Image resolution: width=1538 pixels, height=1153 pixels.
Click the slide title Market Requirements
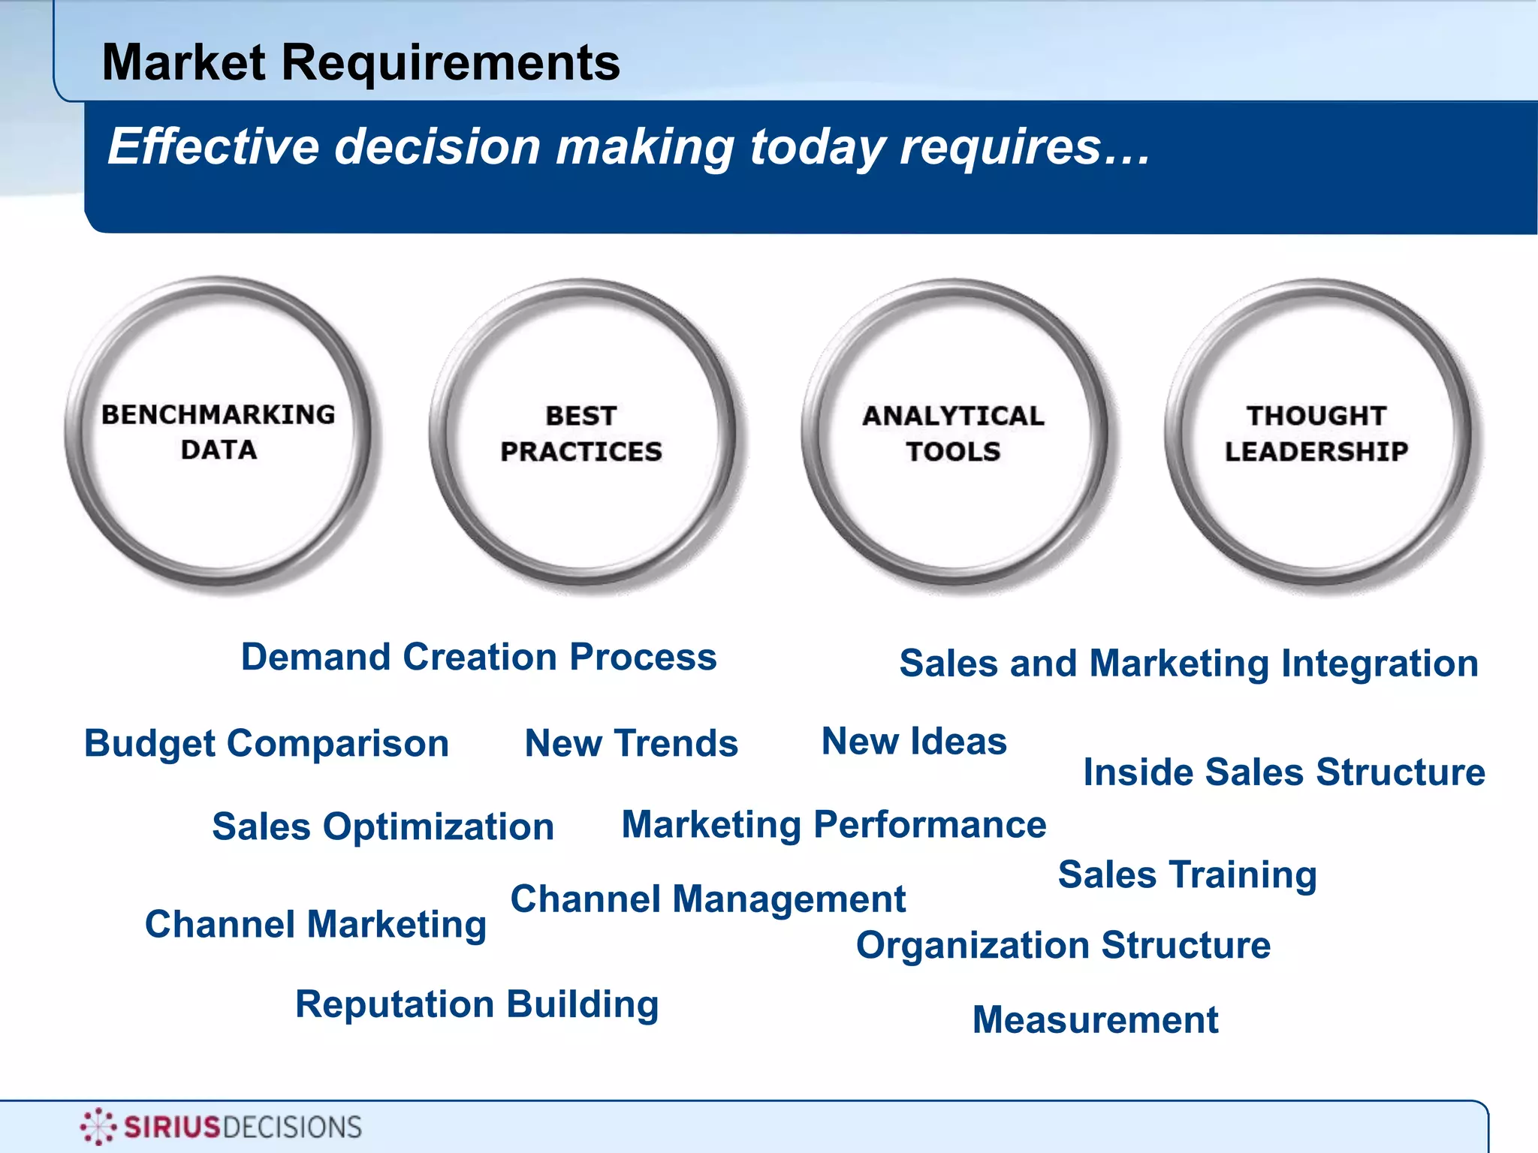360,62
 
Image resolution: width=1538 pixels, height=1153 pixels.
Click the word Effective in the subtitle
213,146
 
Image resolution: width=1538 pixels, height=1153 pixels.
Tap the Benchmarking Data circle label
219,432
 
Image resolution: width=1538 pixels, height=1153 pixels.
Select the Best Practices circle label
581,433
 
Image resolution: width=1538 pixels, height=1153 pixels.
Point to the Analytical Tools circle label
953,433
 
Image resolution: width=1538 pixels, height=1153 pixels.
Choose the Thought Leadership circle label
1316,433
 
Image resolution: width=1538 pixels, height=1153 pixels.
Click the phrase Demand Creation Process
478,657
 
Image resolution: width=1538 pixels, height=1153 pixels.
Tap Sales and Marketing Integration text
1189,664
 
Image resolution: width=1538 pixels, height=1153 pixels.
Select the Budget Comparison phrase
267,744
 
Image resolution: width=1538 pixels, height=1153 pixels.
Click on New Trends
631,744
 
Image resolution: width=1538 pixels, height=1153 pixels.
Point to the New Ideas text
914,742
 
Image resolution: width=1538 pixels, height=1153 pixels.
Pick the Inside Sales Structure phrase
1283,772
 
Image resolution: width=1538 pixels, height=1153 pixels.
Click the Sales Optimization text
383,827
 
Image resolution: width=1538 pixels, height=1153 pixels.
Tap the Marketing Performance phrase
834,825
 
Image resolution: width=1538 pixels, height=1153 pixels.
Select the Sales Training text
1187,875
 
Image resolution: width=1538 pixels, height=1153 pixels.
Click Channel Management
707,899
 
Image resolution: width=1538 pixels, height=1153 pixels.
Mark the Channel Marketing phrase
315,924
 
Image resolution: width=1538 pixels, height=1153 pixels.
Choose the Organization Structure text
1063,945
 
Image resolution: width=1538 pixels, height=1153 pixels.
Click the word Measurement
1095,1020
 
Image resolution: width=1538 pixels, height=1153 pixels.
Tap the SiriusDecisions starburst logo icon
98,1126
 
